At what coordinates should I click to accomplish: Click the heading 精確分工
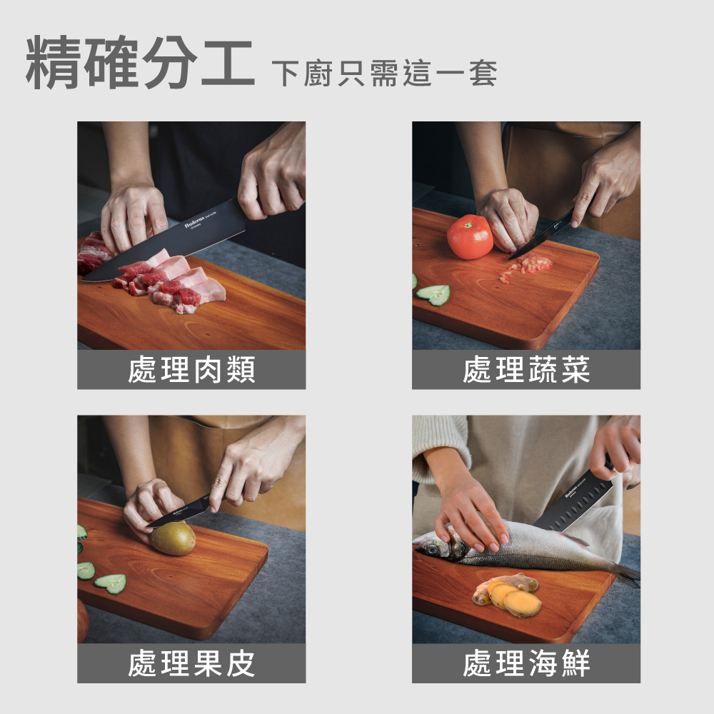140,64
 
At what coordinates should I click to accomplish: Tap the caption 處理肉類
191,370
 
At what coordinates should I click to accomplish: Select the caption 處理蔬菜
526,370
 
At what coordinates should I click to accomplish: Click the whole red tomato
470,236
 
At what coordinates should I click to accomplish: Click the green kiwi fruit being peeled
173,538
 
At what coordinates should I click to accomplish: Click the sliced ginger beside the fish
508,595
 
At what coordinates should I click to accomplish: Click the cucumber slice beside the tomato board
434,293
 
